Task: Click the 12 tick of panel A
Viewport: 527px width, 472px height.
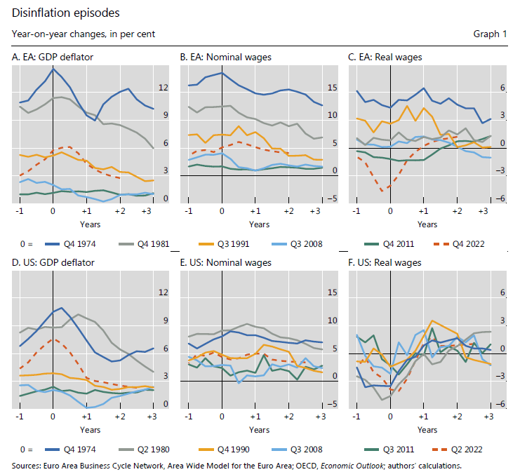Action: [164, 88]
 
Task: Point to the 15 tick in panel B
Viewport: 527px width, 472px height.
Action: [333, 88]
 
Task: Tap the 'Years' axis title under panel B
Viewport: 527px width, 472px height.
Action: [259, 224]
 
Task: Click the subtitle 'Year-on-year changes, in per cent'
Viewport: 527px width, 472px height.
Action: [84, 34]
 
